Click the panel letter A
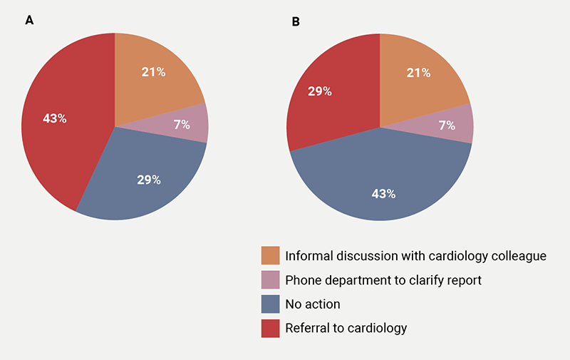[x=29, y=21]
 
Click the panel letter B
[x=296, y=22]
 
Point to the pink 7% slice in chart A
[x=189, y=125]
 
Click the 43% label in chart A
[x=54, y=118]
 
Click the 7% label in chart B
[x=447, y=125]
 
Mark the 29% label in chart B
[x=318, y=92]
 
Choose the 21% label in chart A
[x=153, y=71]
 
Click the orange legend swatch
[x=270, y=256]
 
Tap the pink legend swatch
[x=270, y=280]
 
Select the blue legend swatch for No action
[x=270, y=304]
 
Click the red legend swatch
[x=270, y=328]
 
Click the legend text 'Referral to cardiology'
[x=346, y=328]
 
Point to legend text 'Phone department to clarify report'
[x=383, y=280]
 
